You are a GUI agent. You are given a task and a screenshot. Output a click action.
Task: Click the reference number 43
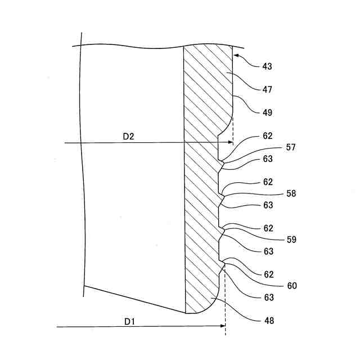[x=267, y=66]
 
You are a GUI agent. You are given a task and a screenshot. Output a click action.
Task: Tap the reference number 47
[x=267, y=89]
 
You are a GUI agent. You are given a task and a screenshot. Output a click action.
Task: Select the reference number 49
[x=267, y=112]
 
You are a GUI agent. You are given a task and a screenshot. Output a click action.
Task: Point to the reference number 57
[x=291, y=147]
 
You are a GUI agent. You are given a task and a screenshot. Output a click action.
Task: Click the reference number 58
[x=291, y=193]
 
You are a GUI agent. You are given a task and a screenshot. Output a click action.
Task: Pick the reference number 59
[x=291, y=240]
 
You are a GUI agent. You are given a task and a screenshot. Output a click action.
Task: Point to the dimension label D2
[x=128, y=136]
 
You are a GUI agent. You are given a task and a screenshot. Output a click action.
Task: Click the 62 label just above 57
[x=267, y=136]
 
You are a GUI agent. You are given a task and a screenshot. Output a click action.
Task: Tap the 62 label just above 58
[x=267, y=182]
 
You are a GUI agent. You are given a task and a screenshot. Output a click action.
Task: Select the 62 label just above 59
[x=267, y=228]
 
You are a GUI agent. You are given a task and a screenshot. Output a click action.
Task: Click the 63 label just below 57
[x=267, y=159]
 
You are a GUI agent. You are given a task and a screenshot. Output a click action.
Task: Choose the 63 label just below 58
[x=267, y=205]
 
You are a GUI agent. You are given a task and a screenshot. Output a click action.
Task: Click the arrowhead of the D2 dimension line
[x=230, y=143]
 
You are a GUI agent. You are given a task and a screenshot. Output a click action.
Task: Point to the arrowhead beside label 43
[x=236, y=56]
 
